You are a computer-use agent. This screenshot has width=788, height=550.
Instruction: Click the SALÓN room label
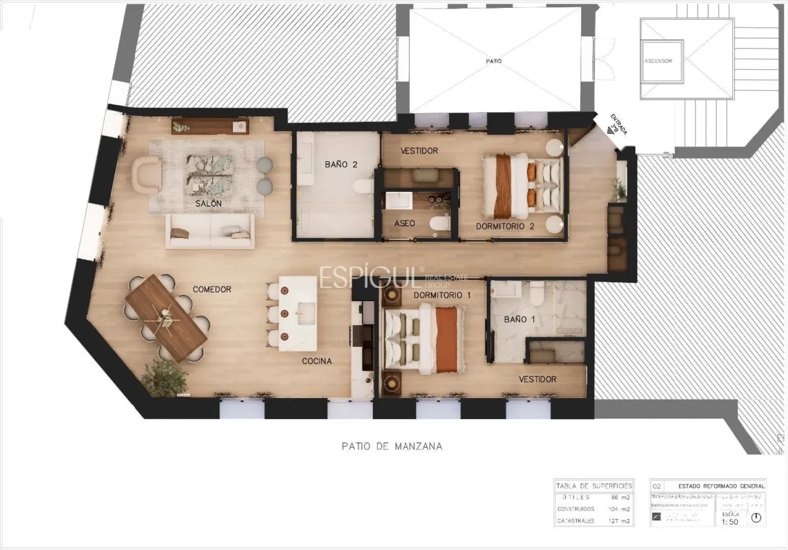[208, 204]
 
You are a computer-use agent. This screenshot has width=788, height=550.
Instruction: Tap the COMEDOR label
[212, 290]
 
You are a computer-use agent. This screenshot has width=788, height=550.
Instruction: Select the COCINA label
[317, 361]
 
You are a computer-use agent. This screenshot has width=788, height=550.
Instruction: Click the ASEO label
[404, 223]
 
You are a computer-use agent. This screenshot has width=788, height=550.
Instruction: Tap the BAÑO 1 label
[519, 319]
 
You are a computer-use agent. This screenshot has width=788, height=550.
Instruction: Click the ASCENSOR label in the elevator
[658, 61]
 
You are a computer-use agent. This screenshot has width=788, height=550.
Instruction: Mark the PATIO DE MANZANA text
[392, 446]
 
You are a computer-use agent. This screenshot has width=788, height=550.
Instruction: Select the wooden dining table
[166, 317]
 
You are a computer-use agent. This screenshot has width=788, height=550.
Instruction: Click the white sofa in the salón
[210, 231]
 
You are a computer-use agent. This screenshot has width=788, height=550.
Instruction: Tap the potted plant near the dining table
[164, 378]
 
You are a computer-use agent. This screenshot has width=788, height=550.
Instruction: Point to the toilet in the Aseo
[439, 224]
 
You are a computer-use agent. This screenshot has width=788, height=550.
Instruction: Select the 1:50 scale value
[730, 522]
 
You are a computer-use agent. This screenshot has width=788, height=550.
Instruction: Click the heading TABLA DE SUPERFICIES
[594, 486]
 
